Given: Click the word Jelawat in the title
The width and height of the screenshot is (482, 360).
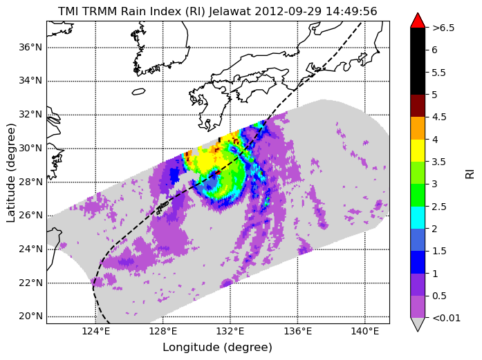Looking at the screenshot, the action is (x=230, y=11).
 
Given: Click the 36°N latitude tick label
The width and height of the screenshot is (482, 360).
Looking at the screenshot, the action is (x=30, y=47).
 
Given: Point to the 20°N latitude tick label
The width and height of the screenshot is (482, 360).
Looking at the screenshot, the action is (x=30, y=316).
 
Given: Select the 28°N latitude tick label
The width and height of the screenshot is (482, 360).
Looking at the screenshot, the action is (x=30, y=182).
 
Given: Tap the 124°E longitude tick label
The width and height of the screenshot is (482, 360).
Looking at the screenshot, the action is (x=96, y=332).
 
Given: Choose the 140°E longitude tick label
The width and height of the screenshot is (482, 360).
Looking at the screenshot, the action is (x=365, y=332).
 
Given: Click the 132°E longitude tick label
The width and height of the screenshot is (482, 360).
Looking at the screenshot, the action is (x=230, y=332).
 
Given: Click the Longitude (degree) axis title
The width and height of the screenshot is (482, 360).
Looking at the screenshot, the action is (x=217, y=348).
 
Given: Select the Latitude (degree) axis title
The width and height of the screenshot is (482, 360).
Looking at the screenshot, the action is (x=10, y=173).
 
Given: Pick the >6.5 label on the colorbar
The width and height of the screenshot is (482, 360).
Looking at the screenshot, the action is (x=443, y=28).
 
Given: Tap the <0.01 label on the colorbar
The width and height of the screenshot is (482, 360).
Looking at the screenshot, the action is (x=446, y=318).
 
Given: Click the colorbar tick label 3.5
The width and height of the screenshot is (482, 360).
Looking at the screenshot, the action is (x=438, y=162).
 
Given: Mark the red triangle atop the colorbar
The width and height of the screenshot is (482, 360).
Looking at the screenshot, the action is (x=418, y=21).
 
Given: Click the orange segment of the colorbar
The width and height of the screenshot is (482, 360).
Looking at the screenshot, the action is (x=418, y=128).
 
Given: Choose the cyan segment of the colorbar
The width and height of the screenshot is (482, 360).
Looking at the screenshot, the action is (x=418, y=218).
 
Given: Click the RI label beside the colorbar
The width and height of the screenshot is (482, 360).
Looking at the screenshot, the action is (x=470, y=174).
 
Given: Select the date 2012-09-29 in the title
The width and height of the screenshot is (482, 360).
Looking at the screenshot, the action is (x=288, y=11).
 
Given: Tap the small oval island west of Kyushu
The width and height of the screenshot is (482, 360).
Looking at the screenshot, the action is (x=138, y=91).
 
